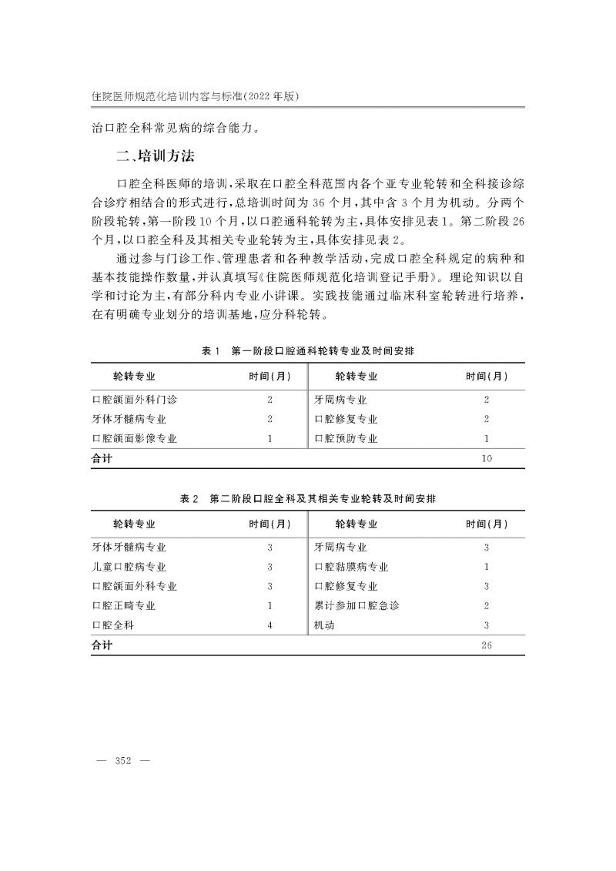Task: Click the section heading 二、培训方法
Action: click(x=155, y=157)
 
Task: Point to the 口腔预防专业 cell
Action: click(x=346, y=438)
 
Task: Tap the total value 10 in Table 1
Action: click(x=487, y=458)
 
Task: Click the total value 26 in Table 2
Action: click(x=487, y=645)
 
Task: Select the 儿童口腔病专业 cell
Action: click(x=129, y=567)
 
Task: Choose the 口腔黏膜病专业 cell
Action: click(x=351, y=567)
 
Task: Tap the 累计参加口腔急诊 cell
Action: click(x=357, y=606)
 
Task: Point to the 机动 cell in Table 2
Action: click(x=324, y=625)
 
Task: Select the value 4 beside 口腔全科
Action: click(x=270, y=625)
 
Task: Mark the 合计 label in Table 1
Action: click(x=102, y=458)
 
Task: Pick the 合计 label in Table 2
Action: click(x=102, y=645)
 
